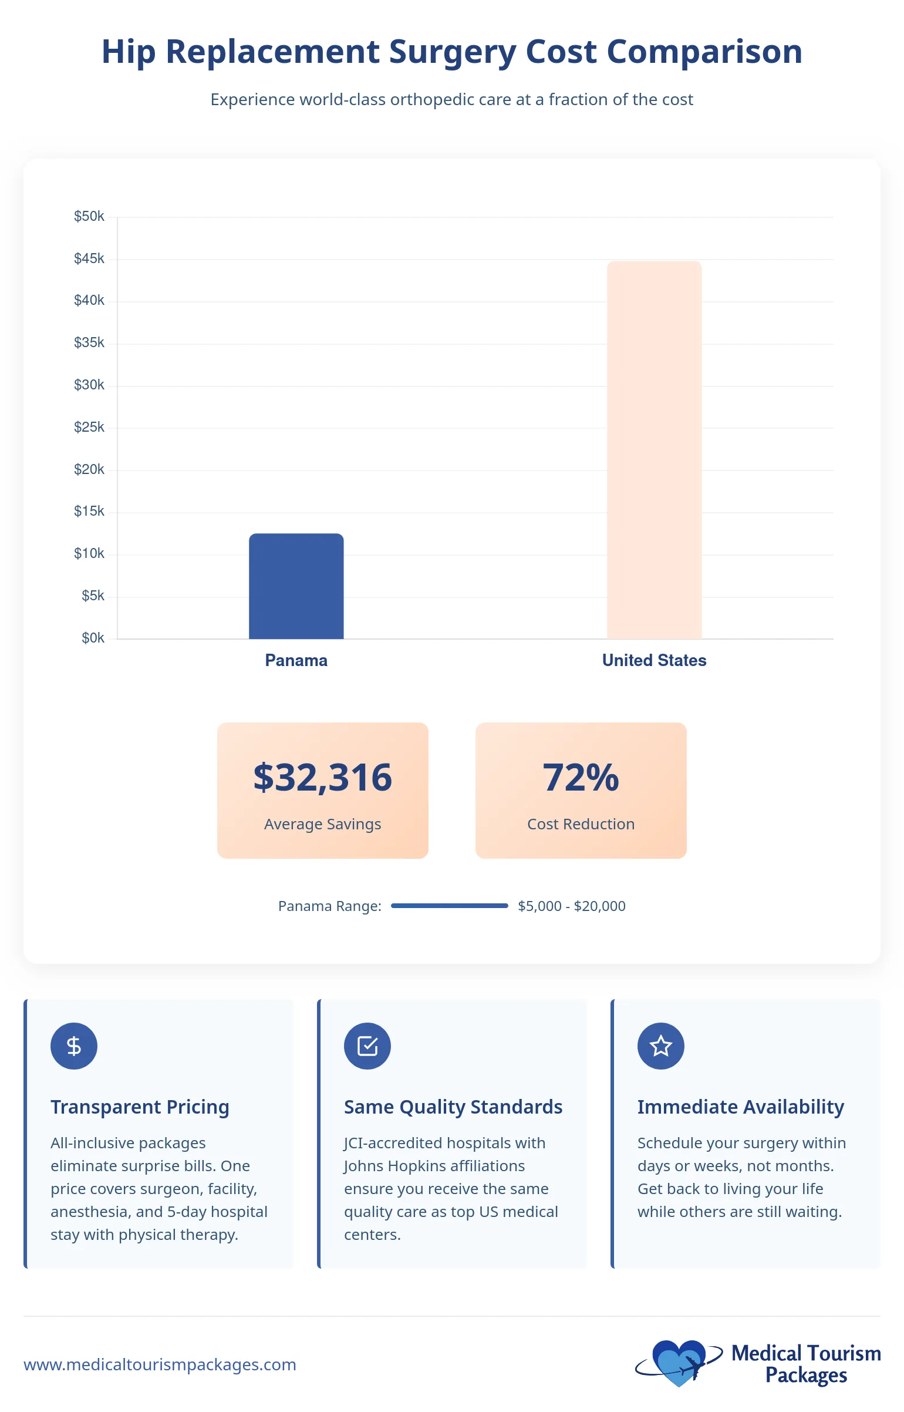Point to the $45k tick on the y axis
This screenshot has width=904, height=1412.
coord(89,258)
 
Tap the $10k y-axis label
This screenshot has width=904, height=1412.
coord(89,553)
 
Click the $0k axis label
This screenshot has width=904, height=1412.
coord(93,638)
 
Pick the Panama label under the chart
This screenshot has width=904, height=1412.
coord(296,660)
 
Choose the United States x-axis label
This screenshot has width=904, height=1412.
coord(654,660)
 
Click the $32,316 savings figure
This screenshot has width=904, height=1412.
coord(322,777)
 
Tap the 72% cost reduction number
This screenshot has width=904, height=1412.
coord(581,777)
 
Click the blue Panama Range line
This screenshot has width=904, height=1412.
coord(449,906)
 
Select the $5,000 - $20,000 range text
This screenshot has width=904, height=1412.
coord(571,906)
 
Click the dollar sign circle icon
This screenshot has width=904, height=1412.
coord(74,1046)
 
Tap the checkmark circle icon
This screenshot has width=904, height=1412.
coord(367,1046)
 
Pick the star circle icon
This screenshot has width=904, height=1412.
coord(661,1046)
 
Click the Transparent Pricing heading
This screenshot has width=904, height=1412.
coord(140,1107)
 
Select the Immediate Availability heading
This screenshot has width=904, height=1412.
coord(740,1107)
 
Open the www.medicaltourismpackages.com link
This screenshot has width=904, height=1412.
coord(160,1364)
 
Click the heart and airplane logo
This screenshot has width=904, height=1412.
coord(679,1363)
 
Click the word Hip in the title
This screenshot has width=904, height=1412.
coord(129,52)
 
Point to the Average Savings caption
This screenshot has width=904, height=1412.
coord(322,824)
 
